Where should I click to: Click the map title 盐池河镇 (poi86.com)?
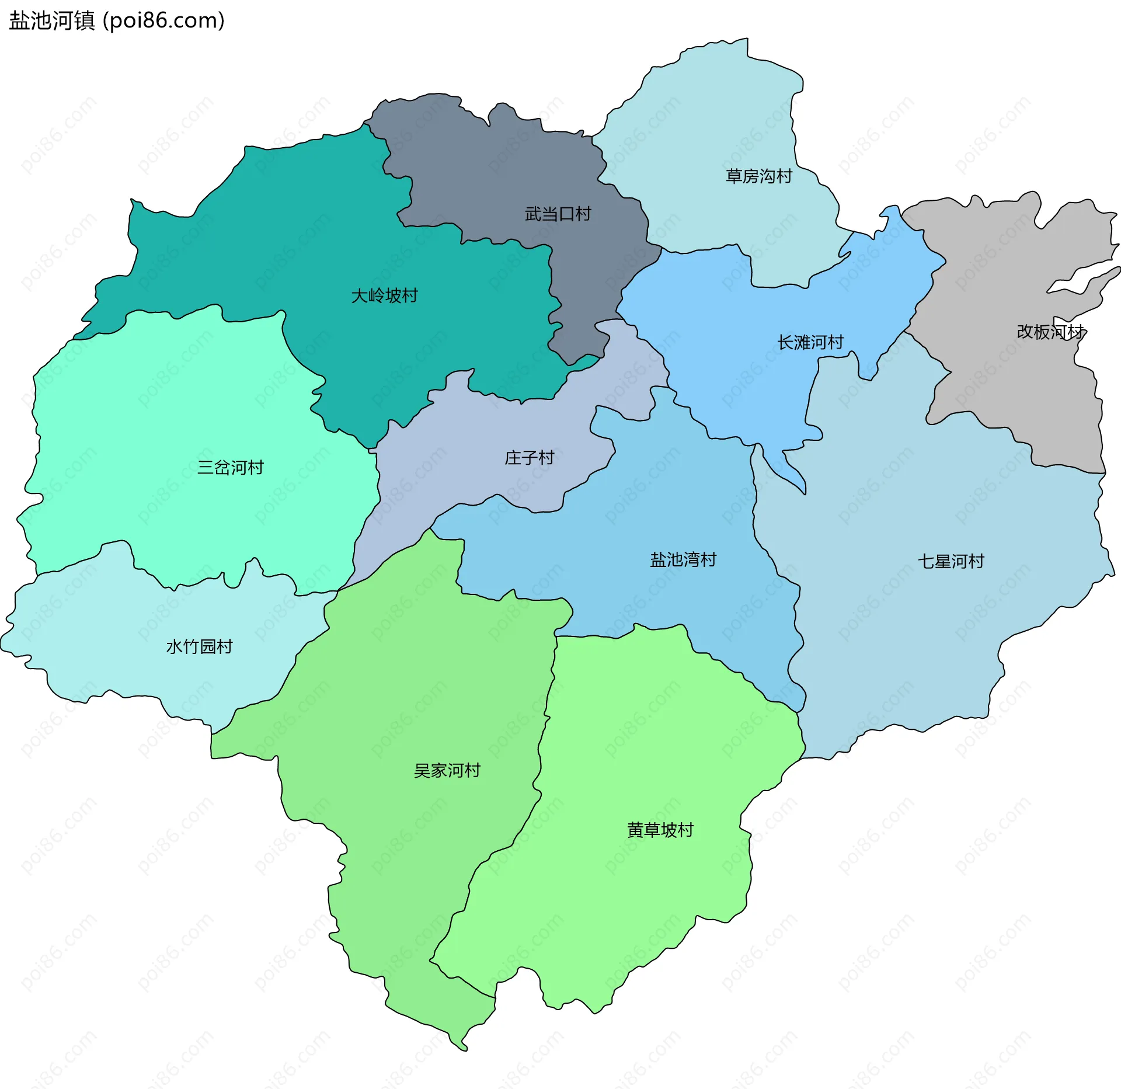(x=117, y=20)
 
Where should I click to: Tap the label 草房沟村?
(x=758, y=176)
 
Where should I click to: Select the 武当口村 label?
(x=558, y=214)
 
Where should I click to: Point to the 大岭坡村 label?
(x=384, y=295)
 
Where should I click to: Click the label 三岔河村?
(x=230, y=467)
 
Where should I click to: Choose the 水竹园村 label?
(x=199, y=646)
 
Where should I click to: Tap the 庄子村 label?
(x=529, y=457)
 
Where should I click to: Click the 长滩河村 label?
(x=810, y=342)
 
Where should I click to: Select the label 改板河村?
(x=1049, y=332)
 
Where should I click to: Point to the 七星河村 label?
(x=951, y=561)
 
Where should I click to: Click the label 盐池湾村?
(x=683, y=559)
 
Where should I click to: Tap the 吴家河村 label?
(x=447, y=770)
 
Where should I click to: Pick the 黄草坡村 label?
(x=660, y=830)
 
